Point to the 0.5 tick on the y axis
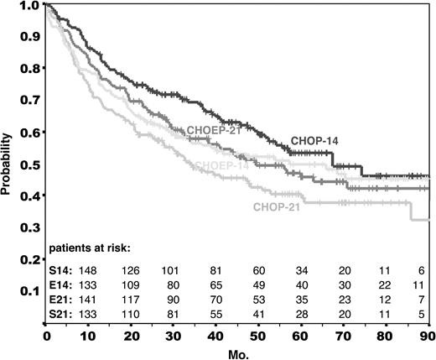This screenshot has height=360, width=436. (31, 164)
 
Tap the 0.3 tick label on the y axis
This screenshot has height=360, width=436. (31, 228)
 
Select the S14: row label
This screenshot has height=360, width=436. (61, 270)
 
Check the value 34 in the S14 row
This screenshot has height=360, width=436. (300, 270)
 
